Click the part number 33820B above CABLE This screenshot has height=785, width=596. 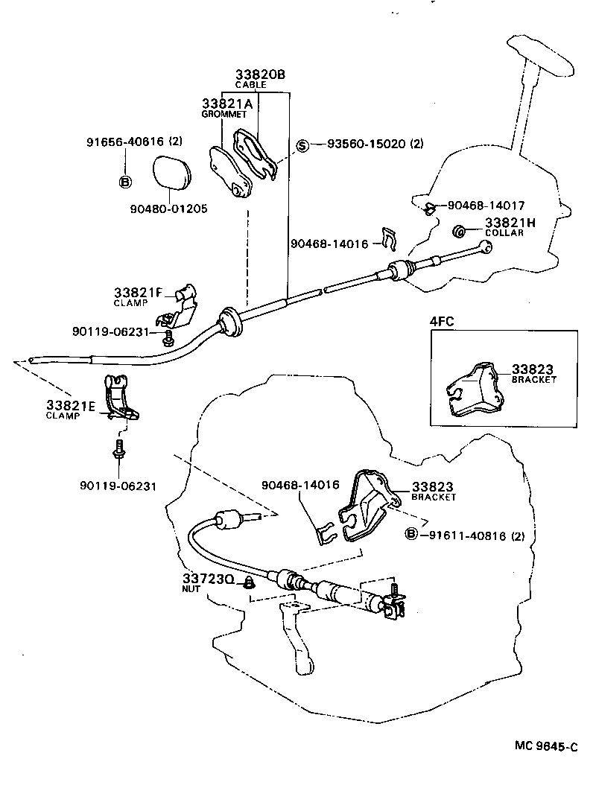(x=260, y=74)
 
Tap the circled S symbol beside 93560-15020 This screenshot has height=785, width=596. (x=303, y=144)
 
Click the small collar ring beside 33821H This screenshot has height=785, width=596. (x=460, y=229)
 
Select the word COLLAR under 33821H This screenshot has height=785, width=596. (x=504, y=232)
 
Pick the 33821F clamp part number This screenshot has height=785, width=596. (x=138, y=293)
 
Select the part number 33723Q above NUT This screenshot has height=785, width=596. (x=209, y=578)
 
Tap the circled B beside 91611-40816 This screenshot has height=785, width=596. (x=410, y=534)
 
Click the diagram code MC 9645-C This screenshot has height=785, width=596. (x=545, y=746)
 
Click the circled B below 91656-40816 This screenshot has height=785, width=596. (x=125, y=181)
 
